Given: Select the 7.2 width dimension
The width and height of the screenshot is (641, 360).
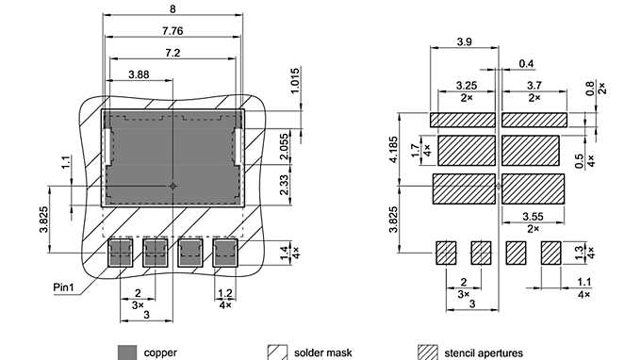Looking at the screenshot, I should pyautogui.click(x=173, y=52).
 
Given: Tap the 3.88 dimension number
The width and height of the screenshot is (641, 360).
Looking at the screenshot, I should pyautogui.click(x=138, y=74).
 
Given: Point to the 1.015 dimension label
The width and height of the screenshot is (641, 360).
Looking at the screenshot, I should pyautogui.click(x=295, y=85).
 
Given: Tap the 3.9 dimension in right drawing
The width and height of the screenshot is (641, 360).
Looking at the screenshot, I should pyautogui.click(x=464, y=43).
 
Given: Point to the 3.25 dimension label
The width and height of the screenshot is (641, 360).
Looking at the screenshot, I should pyautogui.click(x=465, y=86).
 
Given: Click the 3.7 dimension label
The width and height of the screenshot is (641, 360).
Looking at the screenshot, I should pyautogui.click(x=534, y=86).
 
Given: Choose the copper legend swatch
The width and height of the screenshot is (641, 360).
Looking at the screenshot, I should pyautogui.click(x=128, y=352).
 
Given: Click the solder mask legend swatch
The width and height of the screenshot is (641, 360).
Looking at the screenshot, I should pyautogui.click(x=277, y=352).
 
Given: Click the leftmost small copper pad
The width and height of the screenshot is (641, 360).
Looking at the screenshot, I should pyautogui.click(x=120, y=252).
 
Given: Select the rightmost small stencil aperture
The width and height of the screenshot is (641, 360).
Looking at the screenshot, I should pyautogui.click(x=551, y=252).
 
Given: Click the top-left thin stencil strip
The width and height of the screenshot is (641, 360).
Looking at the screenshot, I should pyautogui.click(x=463, y=120).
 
